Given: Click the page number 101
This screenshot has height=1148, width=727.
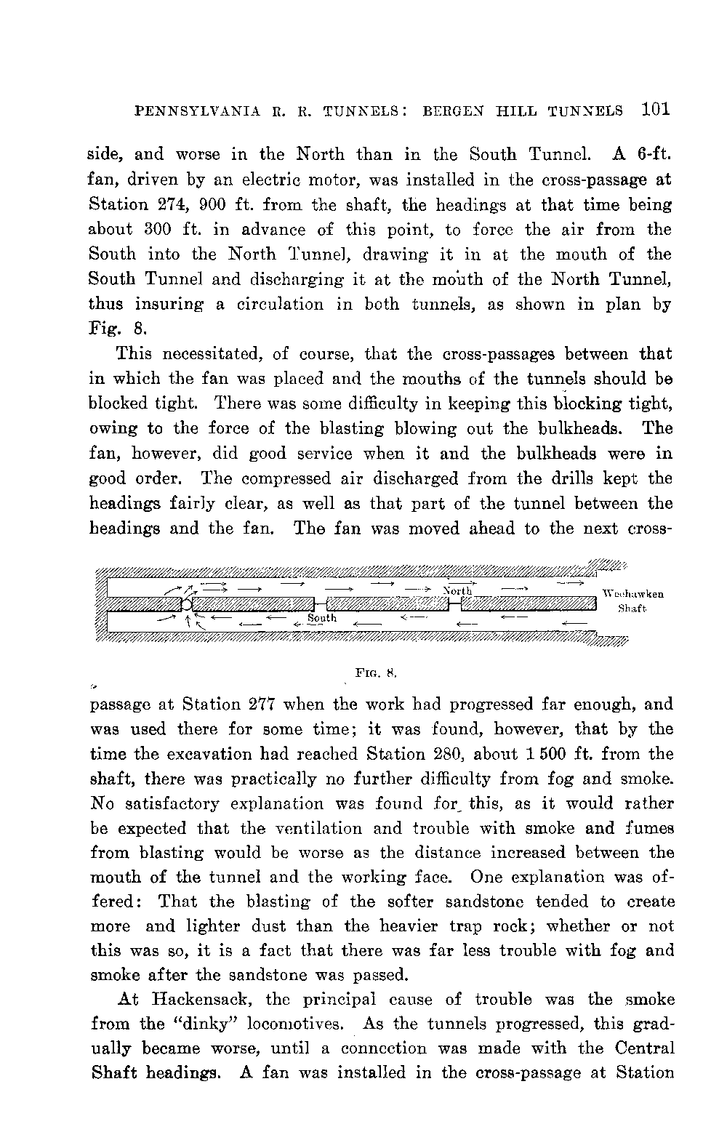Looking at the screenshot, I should pyautogui.click(x=655, y=110).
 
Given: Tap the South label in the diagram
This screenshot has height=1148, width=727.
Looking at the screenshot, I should pyautogui.click(x=322, y=618).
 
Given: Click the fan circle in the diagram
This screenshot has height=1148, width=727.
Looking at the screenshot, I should pyautogui.click(x=187, y=604).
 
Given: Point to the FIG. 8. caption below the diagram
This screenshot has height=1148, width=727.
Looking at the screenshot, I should pyautogui.click(x=375, y=673).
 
